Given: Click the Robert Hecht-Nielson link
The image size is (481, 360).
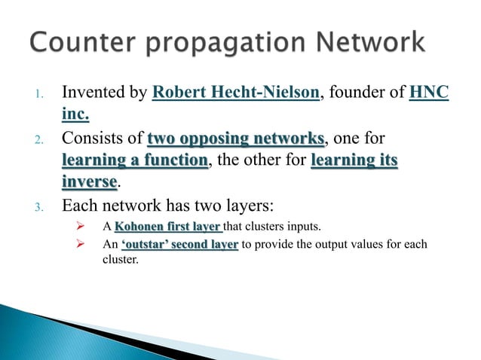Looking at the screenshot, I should (x=237, y=95).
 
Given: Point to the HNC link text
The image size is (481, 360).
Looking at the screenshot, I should (x=431, y=95).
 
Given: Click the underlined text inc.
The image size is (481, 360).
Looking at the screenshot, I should (x=75, y=114).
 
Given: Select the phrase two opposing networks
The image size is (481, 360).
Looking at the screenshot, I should (x=237, y=139).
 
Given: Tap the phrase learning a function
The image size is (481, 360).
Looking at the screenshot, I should (x=134, y=160).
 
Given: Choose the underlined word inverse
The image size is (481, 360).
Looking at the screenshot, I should (x=89, y=182).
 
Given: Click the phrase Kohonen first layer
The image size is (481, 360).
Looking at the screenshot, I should (x=167, y=224).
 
